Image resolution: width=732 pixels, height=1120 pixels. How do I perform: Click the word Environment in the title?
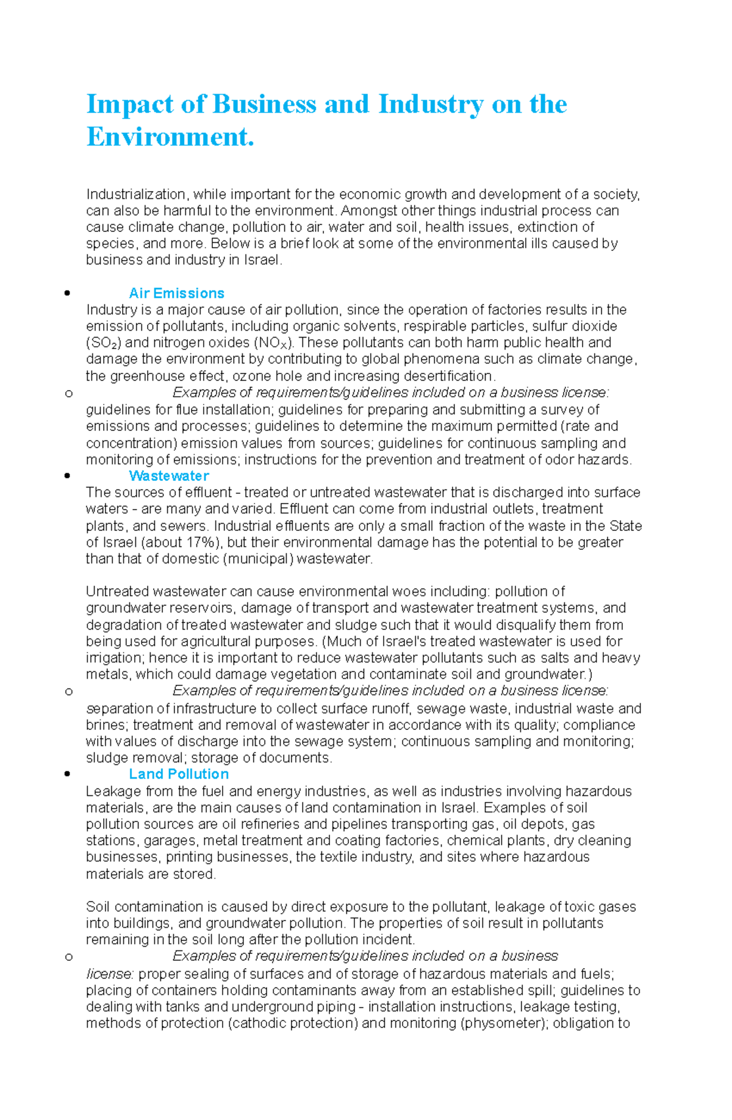[x=169, y=137]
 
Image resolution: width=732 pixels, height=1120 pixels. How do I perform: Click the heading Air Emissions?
[x=176, y=293]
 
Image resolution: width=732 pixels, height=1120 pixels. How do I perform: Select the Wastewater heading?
[x=168, y=475]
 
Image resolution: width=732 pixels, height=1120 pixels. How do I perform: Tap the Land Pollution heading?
[x=179, y=774]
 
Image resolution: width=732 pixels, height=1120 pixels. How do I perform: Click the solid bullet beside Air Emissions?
[x=67, y=293]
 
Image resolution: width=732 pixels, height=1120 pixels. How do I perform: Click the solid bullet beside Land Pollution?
[x=67, y=774]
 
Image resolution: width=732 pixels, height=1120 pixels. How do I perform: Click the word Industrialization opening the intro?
[x=135, y=194]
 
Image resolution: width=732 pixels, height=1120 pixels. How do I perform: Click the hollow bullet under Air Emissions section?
[x=68, y=393]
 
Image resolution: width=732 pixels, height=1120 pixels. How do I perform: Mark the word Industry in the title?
[x=430, y=104]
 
